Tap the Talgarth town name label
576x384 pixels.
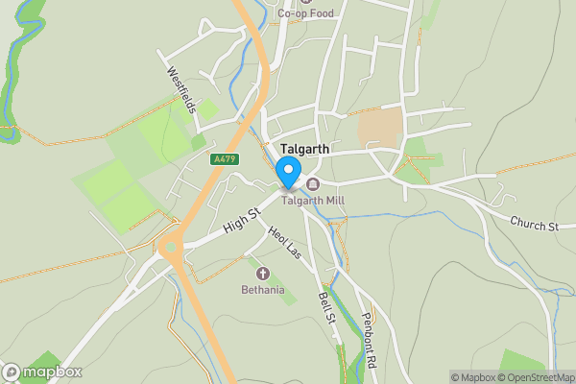click(x=306, y=150)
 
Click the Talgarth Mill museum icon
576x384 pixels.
click(x=312, y=183)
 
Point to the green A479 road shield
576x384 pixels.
click(x=224, y=159)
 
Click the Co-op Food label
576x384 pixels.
click(x=306, y=14)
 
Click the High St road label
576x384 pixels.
click(x=241, y=221)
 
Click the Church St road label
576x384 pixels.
click(x=534, y=226)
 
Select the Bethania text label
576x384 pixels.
click(x=262, y=289)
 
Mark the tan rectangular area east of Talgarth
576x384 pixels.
click(x=380, y=128)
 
